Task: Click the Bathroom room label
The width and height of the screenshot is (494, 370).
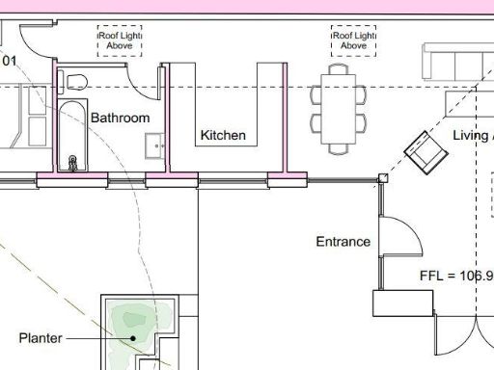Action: [x=121, y=118]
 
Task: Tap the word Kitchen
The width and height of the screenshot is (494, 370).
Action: [x=223, y=136]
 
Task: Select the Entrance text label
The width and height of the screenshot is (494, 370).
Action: [x=343, y=242]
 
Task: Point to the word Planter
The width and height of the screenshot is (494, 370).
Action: [x=41, y=338]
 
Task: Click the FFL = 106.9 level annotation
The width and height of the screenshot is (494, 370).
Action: [x=456, y=276]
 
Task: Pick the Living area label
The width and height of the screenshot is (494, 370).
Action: [x=472, y=136]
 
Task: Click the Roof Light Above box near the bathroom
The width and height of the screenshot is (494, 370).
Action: [x=121, y=40]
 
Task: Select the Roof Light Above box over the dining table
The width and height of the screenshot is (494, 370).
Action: [x=354, y=40]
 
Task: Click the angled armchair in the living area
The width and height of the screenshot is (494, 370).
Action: [x=423, y=151]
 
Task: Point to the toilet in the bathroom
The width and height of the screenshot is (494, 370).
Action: [x=78, y=80]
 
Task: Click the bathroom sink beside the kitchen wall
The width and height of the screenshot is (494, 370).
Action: [x=154, y=145]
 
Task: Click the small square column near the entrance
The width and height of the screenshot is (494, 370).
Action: [x=383, y=177]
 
